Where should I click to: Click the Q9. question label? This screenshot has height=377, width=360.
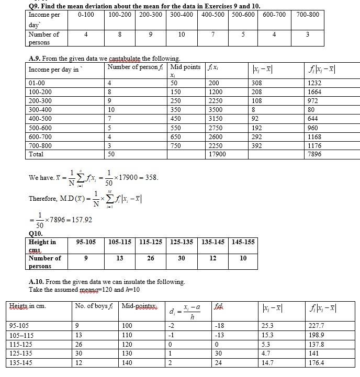(x=35, y=5)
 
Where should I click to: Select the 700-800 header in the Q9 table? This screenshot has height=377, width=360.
(x=307, y=15)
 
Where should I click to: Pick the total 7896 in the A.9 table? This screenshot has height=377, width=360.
(x=316, y=154)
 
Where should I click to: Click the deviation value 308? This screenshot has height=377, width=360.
(x=257, y=83)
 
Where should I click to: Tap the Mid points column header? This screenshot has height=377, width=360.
(x=185, y=67)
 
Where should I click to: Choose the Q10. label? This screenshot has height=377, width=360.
(x=36, y=234)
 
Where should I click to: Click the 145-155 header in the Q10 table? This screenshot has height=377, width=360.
(x=243, y=242)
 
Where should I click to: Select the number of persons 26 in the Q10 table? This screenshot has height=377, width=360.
(x=151, y=258)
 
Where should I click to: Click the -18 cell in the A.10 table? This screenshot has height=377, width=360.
(x=220, y=325)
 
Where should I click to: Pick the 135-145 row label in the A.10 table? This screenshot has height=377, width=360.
(x=21, y=362)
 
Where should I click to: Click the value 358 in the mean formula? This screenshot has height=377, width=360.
(x=151, y=177)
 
